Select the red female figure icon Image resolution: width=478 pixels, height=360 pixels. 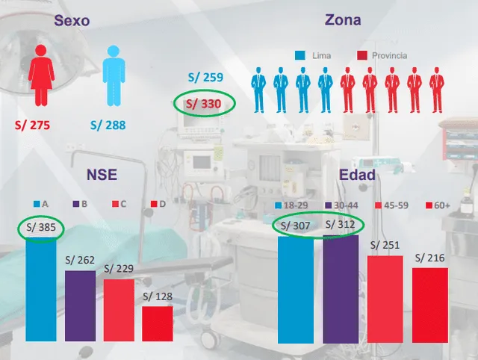(x=39, y=75)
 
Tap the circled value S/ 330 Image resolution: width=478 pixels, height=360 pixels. (x=204, y=105)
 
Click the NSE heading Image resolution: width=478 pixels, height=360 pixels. (x=101, y=174)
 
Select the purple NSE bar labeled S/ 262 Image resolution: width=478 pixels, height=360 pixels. (x=80, y=307)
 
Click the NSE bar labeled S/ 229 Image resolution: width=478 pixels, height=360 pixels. (x=119, y=311)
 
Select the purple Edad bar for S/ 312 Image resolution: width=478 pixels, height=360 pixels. (x=341, y=280)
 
